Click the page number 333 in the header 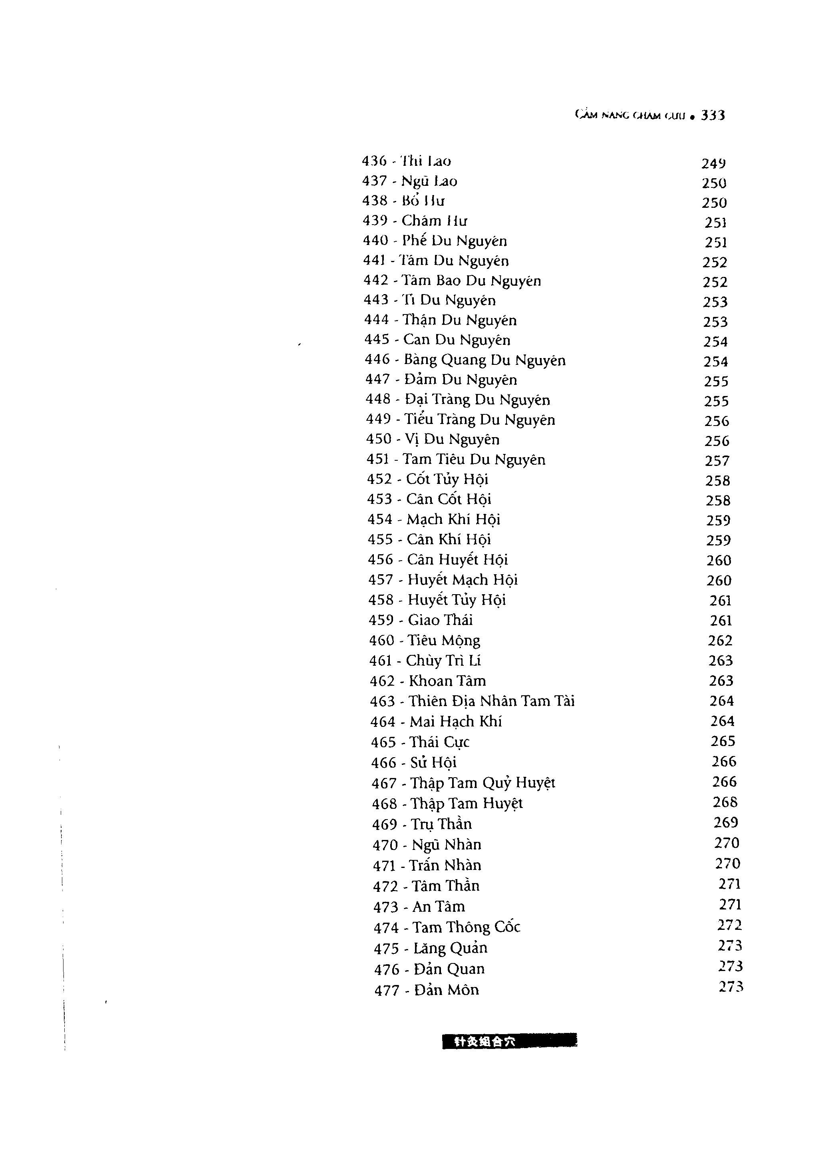(x=713, y=115)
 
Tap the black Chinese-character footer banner (x=509, y=1041)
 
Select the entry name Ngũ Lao (x=429, y=181)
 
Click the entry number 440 (x=375, y=241)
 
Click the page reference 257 (x=717, y=461)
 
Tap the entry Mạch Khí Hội (x=454, y=519)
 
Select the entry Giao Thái (x=441, y=620)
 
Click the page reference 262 (x=720, y=641)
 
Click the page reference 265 (x=723, y=741)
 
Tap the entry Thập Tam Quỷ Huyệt (x=482, y=782)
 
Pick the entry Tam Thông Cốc (x=467, y=927)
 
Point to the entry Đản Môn (x=447, y=990)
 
